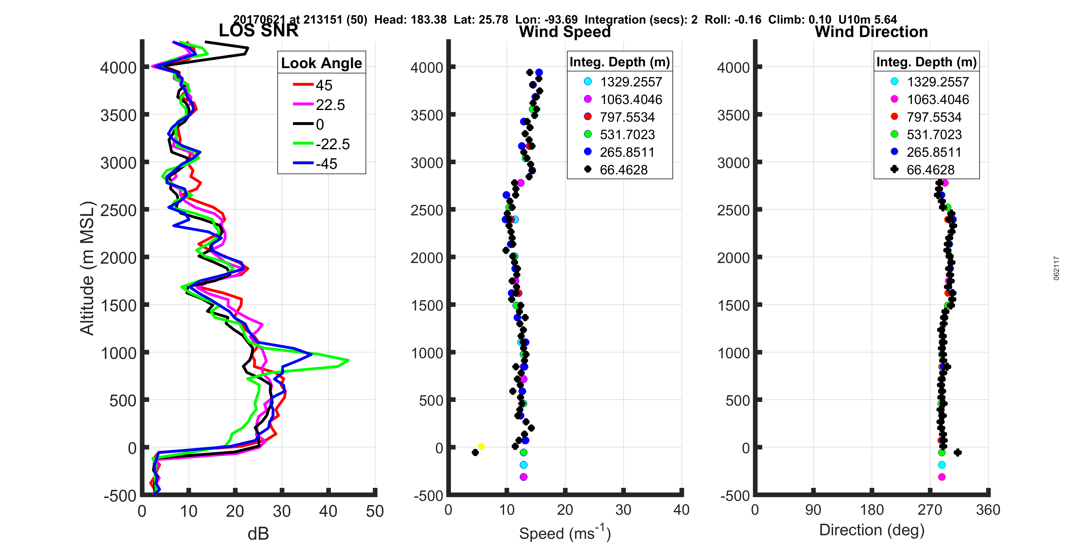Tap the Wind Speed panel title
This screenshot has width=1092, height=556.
coord(565,32)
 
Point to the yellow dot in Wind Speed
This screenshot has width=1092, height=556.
coord(481,446)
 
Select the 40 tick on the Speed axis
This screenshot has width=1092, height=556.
coord(681,510)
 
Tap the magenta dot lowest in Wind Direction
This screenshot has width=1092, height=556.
coord(942,477)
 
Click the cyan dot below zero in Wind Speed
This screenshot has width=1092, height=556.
coord(523,465)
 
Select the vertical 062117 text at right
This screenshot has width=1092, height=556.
coord(1056,268)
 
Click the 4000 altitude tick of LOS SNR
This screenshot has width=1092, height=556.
coord(118,67)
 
